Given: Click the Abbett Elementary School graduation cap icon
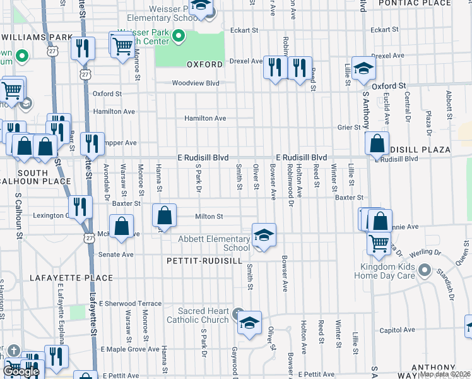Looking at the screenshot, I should point(263,235).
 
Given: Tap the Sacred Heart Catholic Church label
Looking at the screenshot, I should point(198,315).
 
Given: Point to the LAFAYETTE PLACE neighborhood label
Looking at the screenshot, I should point(71,277).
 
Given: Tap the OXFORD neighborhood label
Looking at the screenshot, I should point(204,64).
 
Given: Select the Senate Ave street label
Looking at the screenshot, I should point(116,255).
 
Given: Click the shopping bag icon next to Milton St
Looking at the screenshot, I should point(164,215).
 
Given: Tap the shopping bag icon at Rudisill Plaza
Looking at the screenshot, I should point(377,143).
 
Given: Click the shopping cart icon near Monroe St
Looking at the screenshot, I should point(122,44).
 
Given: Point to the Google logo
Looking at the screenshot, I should point(21,371).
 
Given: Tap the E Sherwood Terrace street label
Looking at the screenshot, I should point(130,303).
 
